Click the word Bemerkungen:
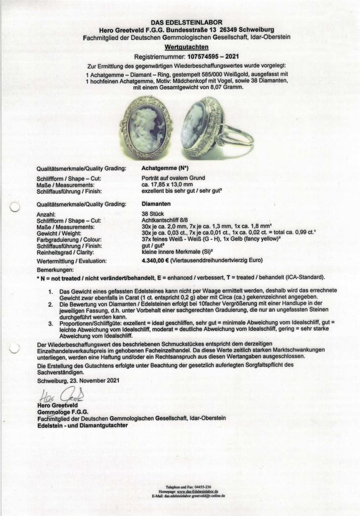click(x=54, y=270)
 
